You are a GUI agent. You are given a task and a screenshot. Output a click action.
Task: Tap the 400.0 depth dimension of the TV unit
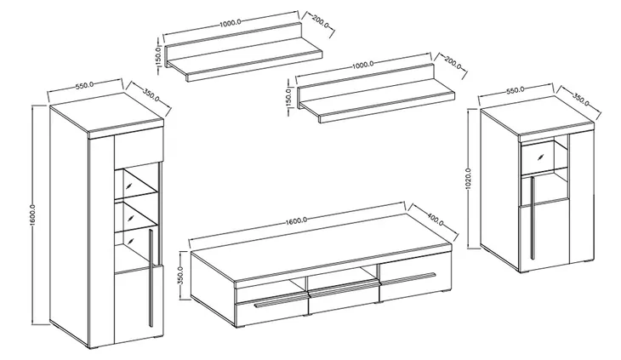point(436,218)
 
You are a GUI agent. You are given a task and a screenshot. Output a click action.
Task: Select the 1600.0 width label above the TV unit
point(297,220)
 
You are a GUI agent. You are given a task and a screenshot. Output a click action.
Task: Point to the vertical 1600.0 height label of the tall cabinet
point(33,216)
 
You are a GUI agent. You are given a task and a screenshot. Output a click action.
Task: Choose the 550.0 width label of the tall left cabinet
point(84,85)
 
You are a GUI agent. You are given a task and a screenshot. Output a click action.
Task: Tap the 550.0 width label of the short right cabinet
point(516,90)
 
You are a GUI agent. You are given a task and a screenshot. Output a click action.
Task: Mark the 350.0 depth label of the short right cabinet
point(581,99)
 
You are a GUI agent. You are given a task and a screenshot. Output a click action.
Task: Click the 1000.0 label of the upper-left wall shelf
point(230,23)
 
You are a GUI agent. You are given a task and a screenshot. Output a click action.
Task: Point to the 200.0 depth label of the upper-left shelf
point(321,21)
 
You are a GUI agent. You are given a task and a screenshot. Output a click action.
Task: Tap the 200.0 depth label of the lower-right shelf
point(453,63)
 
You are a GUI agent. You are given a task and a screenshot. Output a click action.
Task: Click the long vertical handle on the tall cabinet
point(151,278)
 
